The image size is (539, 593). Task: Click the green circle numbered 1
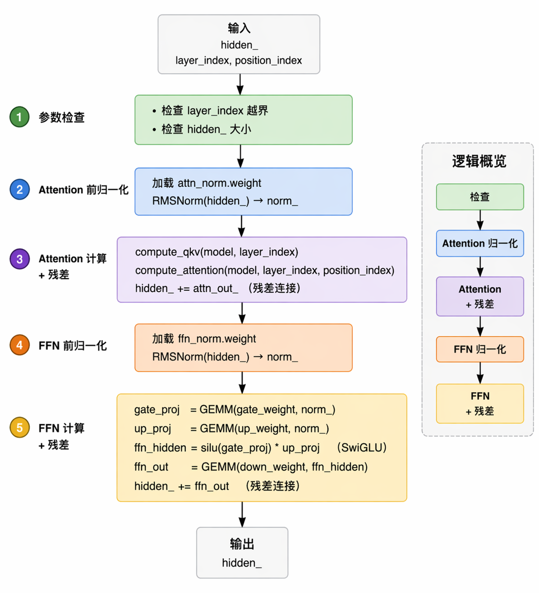[19, 117]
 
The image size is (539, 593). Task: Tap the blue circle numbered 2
[19, 189]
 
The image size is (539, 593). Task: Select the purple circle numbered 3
[19, 259]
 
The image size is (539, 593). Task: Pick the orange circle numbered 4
[19, 345]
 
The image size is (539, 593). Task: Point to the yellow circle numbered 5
[19, 428]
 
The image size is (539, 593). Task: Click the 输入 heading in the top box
[239, 28]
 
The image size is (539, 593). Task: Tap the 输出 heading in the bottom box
[242, 544]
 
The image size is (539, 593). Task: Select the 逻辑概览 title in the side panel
[479, 161]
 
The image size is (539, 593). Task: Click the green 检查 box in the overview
[480, 197]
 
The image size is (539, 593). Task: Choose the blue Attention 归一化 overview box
[480, 244]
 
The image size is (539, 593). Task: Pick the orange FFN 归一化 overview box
[480, 349]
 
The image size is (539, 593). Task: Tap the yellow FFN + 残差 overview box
[480, 404]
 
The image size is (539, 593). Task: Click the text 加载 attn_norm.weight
[207, 183]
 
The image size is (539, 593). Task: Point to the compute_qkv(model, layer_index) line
[217, 252]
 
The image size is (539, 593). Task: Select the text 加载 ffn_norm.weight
[204, 339]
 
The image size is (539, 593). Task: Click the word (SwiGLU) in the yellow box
[362, 448]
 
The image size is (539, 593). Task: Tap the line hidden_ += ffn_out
[182, 486]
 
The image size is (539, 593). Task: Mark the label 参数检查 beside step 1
[62, 118]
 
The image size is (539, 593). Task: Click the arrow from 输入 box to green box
[240, 84]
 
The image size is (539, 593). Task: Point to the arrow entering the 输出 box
[242, 515]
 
